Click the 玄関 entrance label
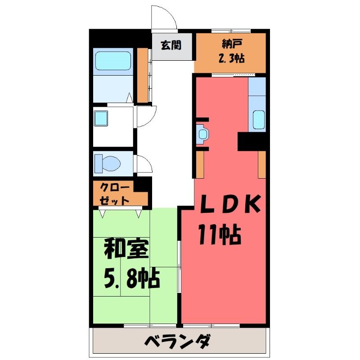(x=171, y=45)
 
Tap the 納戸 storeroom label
(x=232, y=44)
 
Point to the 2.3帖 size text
(x=231, y=58)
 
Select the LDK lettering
(x=230, y=204)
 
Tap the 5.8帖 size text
(x=131, y=279)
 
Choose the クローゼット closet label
(x=115, y=194)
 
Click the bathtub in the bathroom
(x=113, y=61)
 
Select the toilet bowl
(x=108, y=163)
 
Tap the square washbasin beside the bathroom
(x=101, y=118)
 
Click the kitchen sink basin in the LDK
(x=258, y=120)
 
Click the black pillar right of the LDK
(x=252, y=141)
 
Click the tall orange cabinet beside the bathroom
(x=142, y=75)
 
